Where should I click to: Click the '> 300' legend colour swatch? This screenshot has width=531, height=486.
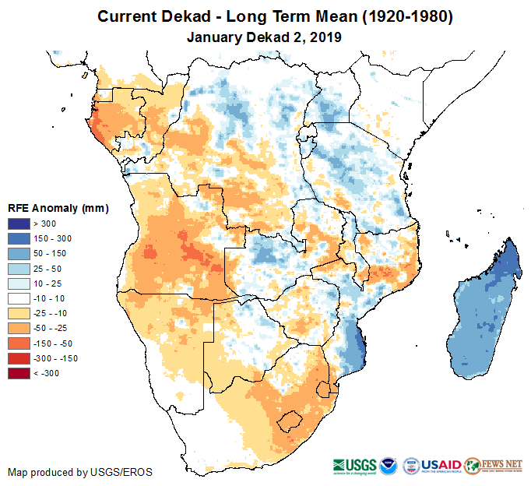[19, 224]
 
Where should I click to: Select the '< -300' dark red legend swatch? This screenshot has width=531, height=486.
[19, 374]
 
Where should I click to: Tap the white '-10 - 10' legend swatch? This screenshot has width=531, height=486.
[19, 299]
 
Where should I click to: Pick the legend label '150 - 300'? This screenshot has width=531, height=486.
[54, 239]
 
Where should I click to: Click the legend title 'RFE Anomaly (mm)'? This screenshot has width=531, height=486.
[58, 209]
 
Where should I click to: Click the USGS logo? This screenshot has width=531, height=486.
[355, 465]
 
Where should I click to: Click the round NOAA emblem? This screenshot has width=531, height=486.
[389, 465]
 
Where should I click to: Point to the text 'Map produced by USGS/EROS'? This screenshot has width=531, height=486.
[80, 472]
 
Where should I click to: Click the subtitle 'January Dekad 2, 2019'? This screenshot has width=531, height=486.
[265, 36]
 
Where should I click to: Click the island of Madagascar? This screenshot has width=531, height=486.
[483, 312]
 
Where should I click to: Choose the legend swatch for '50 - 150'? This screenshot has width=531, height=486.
[19, 254]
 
